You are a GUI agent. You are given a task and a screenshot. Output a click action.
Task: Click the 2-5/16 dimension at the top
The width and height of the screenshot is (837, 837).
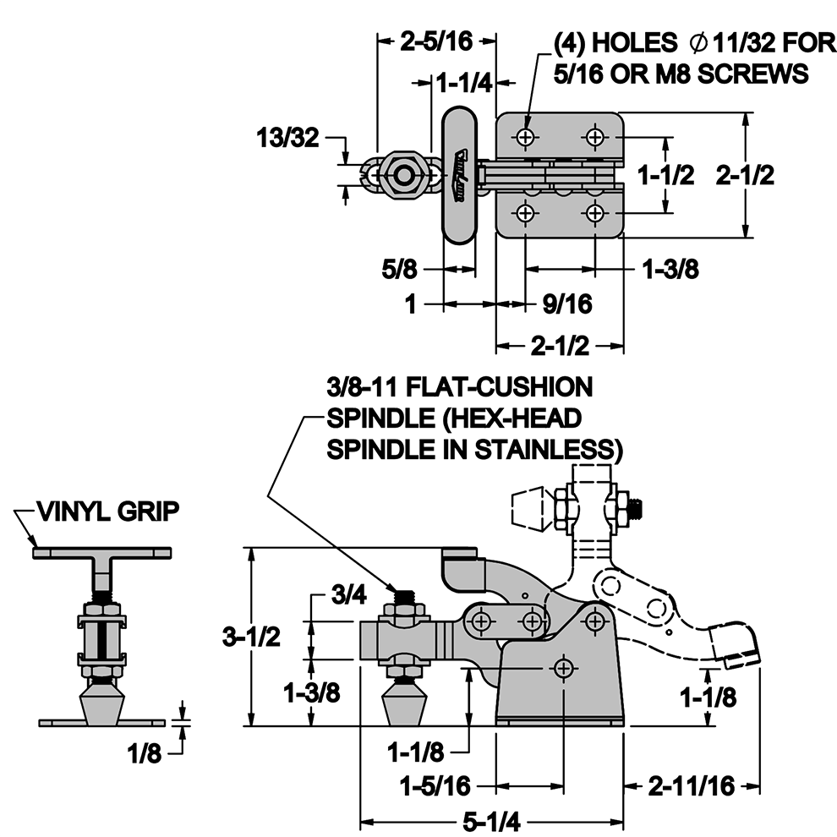pos(436,41)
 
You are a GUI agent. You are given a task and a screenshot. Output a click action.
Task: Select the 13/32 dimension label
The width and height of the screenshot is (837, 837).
pos(287,138)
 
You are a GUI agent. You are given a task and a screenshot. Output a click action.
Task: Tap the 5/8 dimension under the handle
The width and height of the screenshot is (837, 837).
pos(399,269)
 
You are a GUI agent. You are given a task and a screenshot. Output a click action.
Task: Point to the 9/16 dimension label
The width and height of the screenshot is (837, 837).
pos(567,304)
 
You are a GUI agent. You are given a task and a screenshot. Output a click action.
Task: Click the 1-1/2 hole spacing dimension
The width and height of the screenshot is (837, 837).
pos(667,175)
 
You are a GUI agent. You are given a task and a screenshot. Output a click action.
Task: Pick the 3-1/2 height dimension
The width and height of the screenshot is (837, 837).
pos(251,637)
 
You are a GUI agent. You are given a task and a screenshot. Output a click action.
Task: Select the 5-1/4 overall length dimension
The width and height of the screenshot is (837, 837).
pos(491,822)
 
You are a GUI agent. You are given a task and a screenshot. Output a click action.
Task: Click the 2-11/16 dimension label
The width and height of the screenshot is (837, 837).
pos(692,785)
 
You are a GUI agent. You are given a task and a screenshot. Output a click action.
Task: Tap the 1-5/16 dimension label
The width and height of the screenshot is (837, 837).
pos(435,785)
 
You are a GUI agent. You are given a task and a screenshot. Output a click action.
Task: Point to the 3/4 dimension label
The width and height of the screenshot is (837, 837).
pos(349,594)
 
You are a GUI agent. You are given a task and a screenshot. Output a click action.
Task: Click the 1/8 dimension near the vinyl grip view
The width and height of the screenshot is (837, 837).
pos(145,754)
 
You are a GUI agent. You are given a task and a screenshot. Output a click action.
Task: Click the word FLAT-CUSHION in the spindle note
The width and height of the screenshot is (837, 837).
pos(500,387)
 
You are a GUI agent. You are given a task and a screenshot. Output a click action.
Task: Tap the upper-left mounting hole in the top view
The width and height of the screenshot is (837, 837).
pos(526,137)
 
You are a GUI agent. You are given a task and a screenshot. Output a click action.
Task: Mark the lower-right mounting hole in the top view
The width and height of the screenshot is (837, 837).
pos(595,214)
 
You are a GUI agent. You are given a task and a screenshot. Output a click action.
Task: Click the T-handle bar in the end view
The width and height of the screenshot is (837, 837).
pos(102,553)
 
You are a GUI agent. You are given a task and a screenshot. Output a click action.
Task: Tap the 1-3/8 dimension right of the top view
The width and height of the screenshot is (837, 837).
pos(670,269)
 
